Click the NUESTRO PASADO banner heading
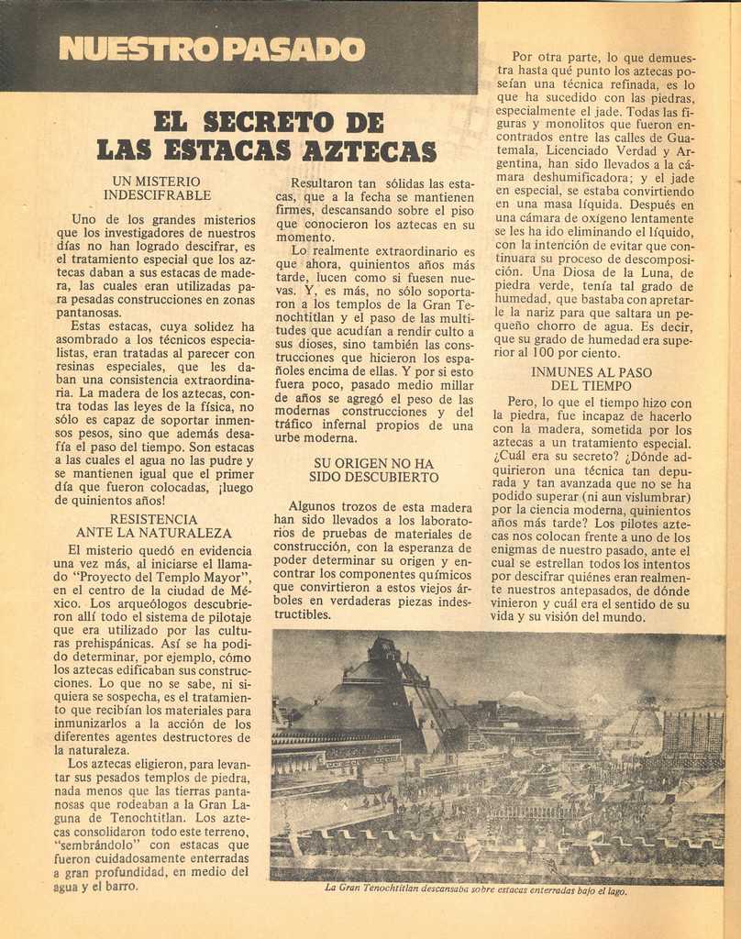(212, 49)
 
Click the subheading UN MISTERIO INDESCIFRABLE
(157, 188)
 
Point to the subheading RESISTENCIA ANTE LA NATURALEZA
(153, 525)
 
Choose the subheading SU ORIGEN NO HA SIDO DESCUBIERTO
(373, 470)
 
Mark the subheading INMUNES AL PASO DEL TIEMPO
(591, 379)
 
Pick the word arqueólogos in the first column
(151, 603)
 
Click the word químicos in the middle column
(441, 573)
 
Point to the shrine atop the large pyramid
(383, 651)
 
